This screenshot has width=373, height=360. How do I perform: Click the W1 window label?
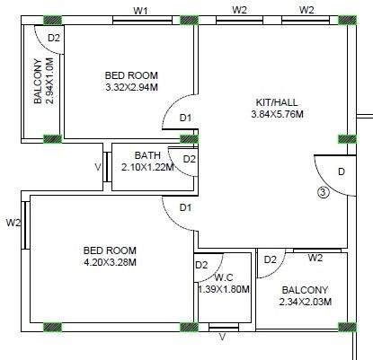pyautogui.click(x=140, y=10)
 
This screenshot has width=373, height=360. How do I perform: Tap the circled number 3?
pyautogui.click(x=324, y=190)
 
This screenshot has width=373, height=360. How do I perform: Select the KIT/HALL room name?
pyautogui.click(x=276, y=101)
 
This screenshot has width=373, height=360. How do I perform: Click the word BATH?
pyautogui.click(x=147, y=155)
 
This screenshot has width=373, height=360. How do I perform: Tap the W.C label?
pyautogui.click(x=224, y=277)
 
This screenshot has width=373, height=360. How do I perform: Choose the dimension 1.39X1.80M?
pyautogui.click(x=224, y=289)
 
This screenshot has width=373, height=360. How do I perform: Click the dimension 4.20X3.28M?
pyautogui.click(x=111, y=262)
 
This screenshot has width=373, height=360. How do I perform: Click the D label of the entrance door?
pyautogui.click(x=341, y=171)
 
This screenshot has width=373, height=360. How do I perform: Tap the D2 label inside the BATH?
pyautogui.click(x=189, y=159)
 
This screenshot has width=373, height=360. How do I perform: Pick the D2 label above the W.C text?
pyautogui.click(x=201, y=265)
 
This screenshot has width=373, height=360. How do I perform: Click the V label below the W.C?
pyautogui.click(x=223, y=338)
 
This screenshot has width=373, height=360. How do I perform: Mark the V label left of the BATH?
pyautogui.click(x=98, y=166)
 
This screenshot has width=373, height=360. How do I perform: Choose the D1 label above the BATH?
pyautogui.click(x=185, y=118)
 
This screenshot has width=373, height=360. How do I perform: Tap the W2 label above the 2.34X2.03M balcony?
pyautogui.click(x=315, y=259)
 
